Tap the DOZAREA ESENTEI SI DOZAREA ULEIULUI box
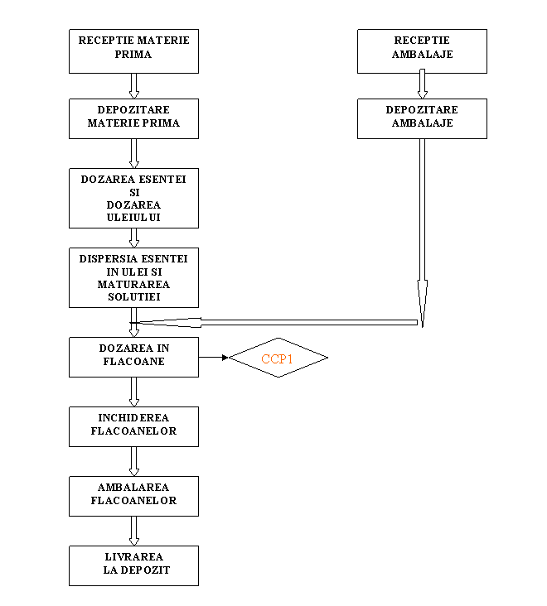pyautogui.click(x=133, y=198)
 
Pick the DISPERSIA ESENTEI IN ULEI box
pyautogui.click(x=133, y=277)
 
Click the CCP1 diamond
pyautogui.click(x=278, y=358)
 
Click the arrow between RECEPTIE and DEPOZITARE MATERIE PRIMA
pyautogui.click(x=133, y=85)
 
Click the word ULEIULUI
pyautogui.click(x=133, y=217)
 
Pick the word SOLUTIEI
pyautogui.click(x=133, y=296)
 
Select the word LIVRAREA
pyautogui.click(x=133, y=556)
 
